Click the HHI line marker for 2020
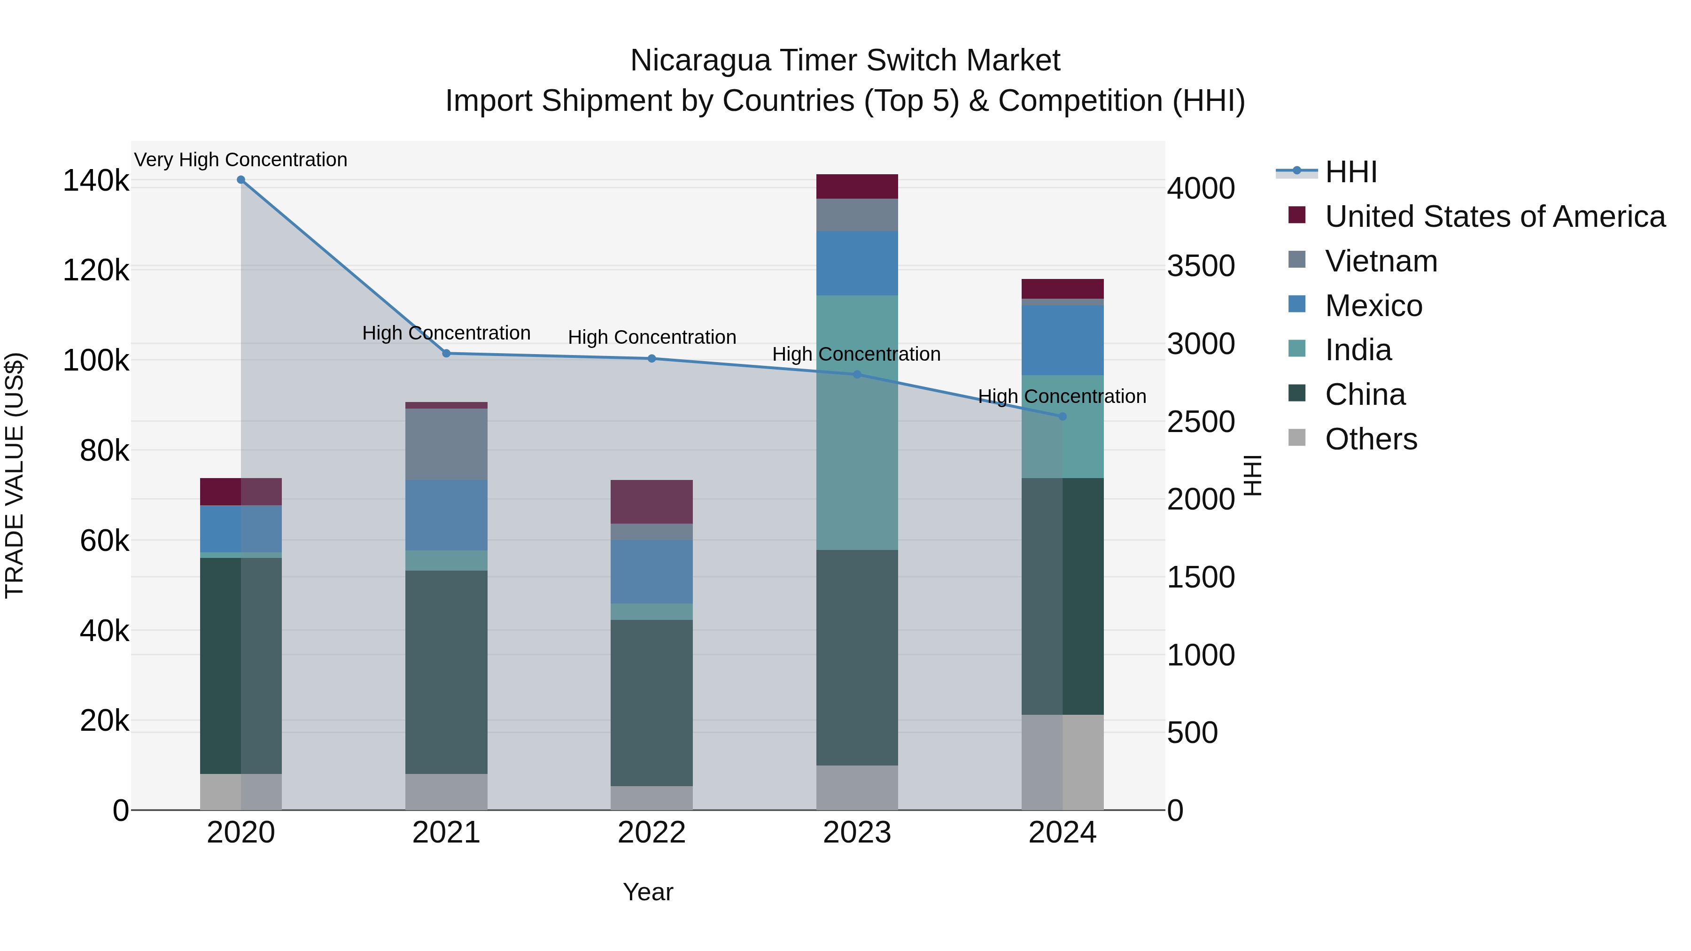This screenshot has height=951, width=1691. tap(241, 180)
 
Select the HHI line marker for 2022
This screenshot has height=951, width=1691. tap(652, 358)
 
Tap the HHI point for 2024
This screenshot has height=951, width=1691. tap(1063, 416)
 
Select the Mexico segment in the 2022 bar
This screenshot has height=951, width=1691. tap(652, 571)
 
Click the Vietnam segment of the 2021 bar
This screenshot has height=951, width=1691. tap(446, 444)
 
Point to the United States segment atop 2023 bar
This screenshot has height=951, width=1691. tap(857, 186)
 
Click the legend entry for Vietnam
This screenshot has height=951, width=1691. tap(1381, 261)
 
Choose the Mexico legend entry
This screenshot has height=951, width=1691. tap(1373, 306)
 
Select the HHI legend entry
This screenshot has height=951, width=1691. tap(1351, 172)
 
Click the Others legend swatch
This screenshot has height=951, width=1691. tap(1297, 438)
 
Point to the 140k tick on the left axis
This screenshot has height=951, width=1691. tap(96, 180)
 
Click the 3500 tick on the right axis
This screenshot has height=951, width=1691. tap(1201, 266)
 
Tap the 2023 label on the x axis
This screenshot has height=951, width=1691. tap(857, 833)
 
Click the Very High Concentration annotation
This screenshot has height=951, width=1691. tap(241, 160)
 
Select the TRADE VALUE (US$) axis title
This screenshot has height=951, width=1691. tap(15, 475)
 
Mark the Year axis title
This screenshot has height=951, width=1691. tap(648, 892)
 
